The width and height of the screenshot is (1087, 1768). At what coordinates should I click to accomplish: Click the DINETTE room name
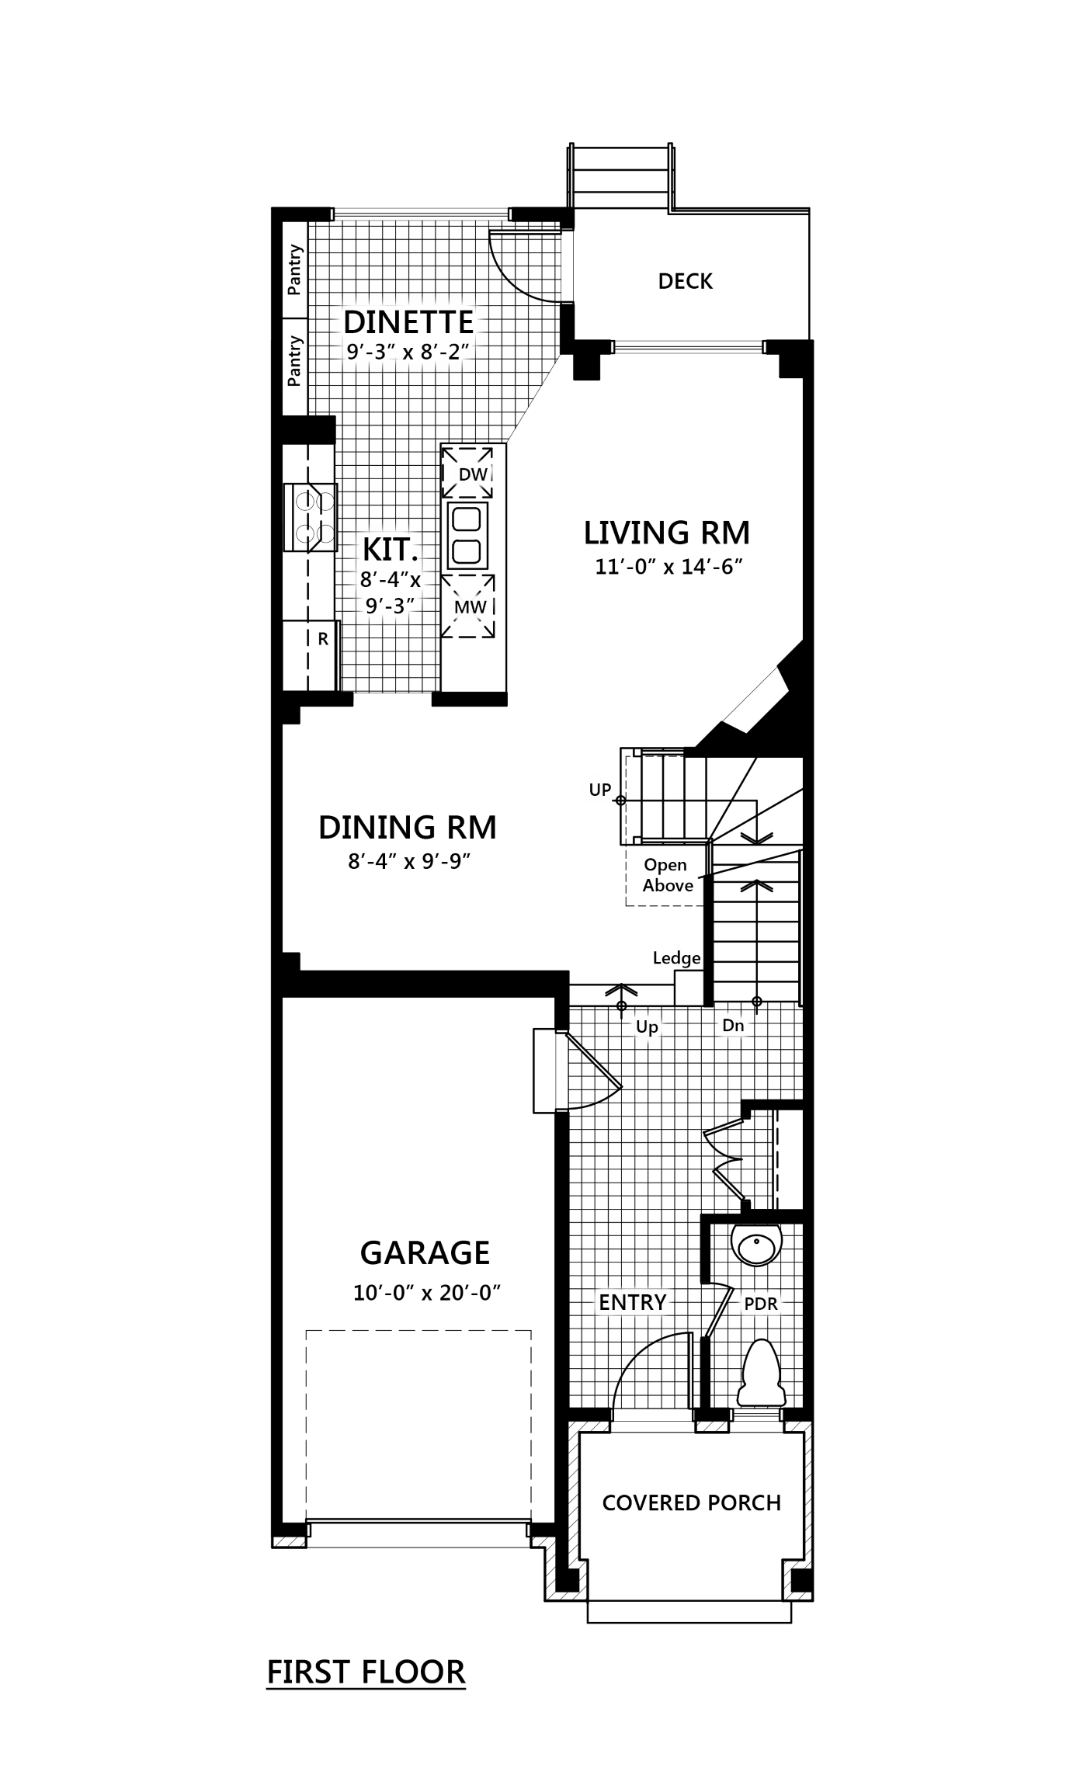click(408, 321)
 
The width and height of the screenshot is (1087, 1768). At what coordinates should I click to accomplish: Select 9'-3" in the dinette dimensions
click(366, 352)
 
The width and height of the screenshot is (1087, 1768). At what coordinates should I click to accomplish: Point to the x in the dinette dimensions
click(408, 353)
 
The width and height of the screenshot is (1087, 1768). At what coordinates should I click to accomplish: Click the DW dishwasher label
click(473, 474)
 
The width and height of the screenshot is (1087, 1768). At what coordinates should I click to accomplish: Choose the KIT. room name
click(390, 550)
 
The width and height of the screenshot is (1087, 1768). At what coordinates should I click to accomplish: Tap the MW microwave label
click(470, 607)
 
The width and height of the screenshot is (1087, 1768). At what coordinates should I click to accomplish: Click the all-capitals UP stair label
click(599, 790)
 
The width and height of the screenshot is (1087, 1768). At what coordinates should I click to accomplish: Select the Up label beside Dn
click(647, 1026)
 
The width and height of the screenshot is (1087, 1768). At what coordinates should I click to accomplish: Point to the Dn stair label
click(733, 1025)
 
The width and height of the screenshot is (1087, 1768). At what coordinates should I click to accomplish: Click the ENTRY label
click(632, 1302)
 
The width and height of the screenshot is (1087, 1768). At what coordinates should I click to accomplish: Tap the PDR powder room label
click(761, 1304)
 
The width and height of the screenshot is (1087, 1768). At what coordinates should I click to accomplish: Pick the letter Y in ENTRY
click(659, 1302)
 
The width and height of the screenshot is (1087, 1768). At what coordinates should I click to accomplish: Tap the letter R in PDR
click(772, 1304)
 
